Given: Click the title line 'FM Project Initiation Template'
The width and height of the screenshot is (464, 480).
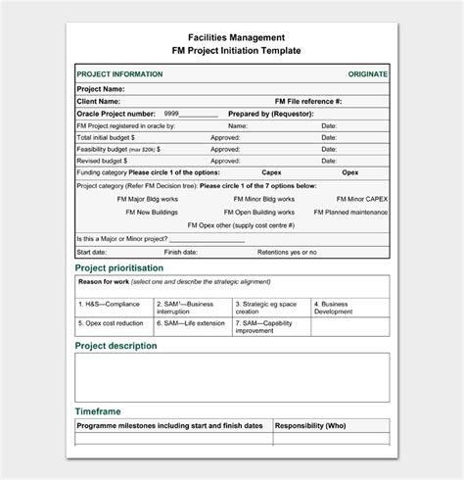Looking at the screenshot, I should (x=231, y=51).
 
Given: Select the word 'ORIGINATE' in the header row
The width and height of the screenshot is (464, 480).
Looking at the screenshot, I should (x=367, y=74).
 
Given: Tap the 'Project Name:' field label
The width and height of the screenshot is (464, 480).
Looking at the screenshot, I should (x=101, y=88).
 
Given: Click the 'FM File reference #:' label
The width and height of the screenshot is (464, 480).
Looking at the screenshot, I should (x=308, y=101).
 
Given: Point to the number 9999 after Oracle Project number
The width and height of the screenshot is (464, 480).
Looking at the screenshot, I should (x=171, y=114).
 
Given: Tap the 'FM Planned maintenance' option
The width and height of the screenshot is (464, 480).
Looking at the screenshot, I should (x=355, y=211).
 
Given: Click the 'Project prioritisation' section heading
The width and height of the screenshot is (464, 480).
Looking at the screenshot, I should (x=119, y=267).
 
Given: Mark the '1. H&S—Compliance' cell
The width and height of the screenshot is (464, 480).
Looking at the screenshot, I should (x=110, y=304).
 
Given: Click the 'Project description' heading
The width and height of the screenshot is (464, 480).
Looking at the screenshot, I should (x=116, y=346).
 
